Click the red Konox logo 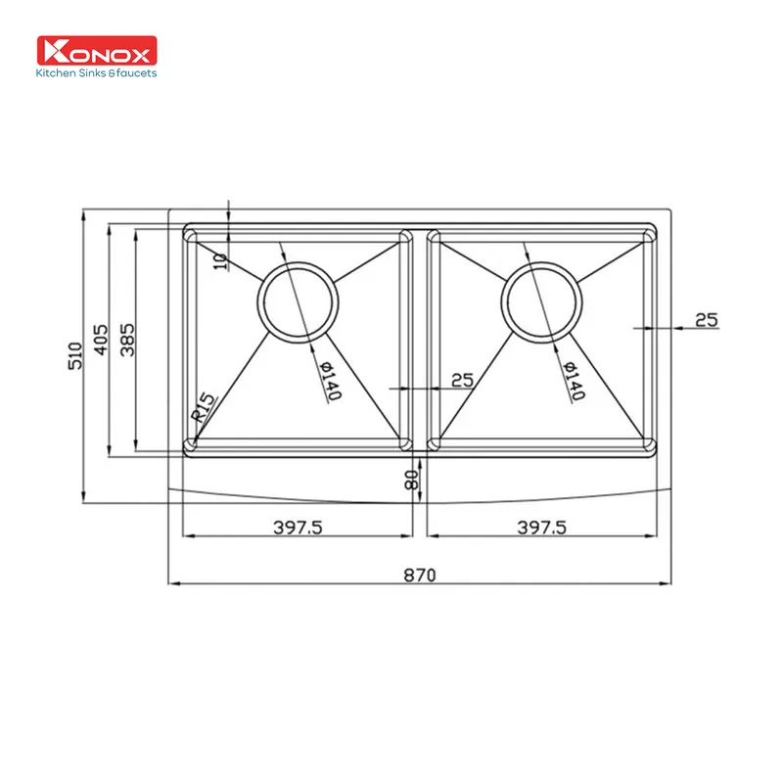[x=97, y=50]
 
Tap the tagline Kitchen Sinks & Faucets [x=96, y=72]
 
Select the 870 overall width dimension [x=420, y=576]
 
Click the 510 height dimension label [x=75, y=355]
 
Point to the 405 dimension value [x=102, y=340]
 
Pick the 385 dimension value [x=128, y=340]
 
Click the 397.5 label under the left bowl [x=298, y=528]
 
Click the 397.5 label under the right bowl [x=541, y=528]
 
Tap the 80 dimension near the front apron [x=411, y=480]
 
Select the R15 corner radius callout [x=204, y=407]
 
